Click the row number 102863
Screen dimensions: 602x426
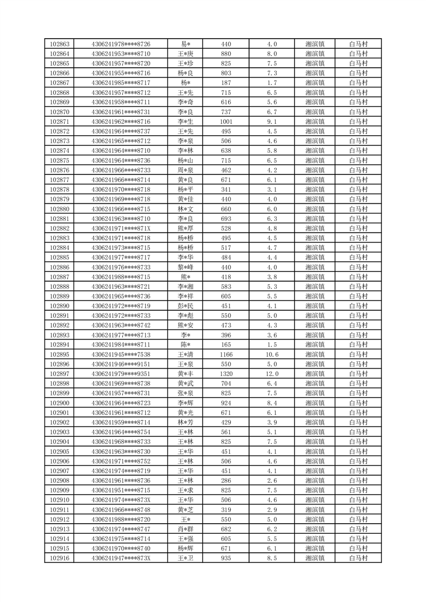coord(60,44)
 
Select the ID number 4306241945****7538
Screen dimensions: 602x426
coord(121,355)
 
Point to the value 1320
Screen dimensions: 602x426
coord(226,374)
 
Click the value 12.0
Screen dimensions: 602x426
coord(272,374)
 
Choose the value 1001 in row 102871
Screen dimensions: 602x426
coord(226,122)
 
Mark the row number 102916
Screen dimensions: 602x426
coord(60,559)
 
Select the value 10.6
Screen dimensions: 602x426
coord(272,355)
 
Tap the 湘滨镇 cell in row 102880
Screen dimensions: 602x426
coord(314,209)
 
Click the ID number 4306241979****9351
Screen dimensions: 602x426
coord(121,374)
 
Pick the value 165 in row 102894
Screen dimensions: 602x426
coord(226,345)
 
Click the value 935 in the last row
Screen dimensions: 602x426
coord(226,559)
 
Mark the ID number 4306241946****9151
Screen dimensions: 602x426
coord(121,364)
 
